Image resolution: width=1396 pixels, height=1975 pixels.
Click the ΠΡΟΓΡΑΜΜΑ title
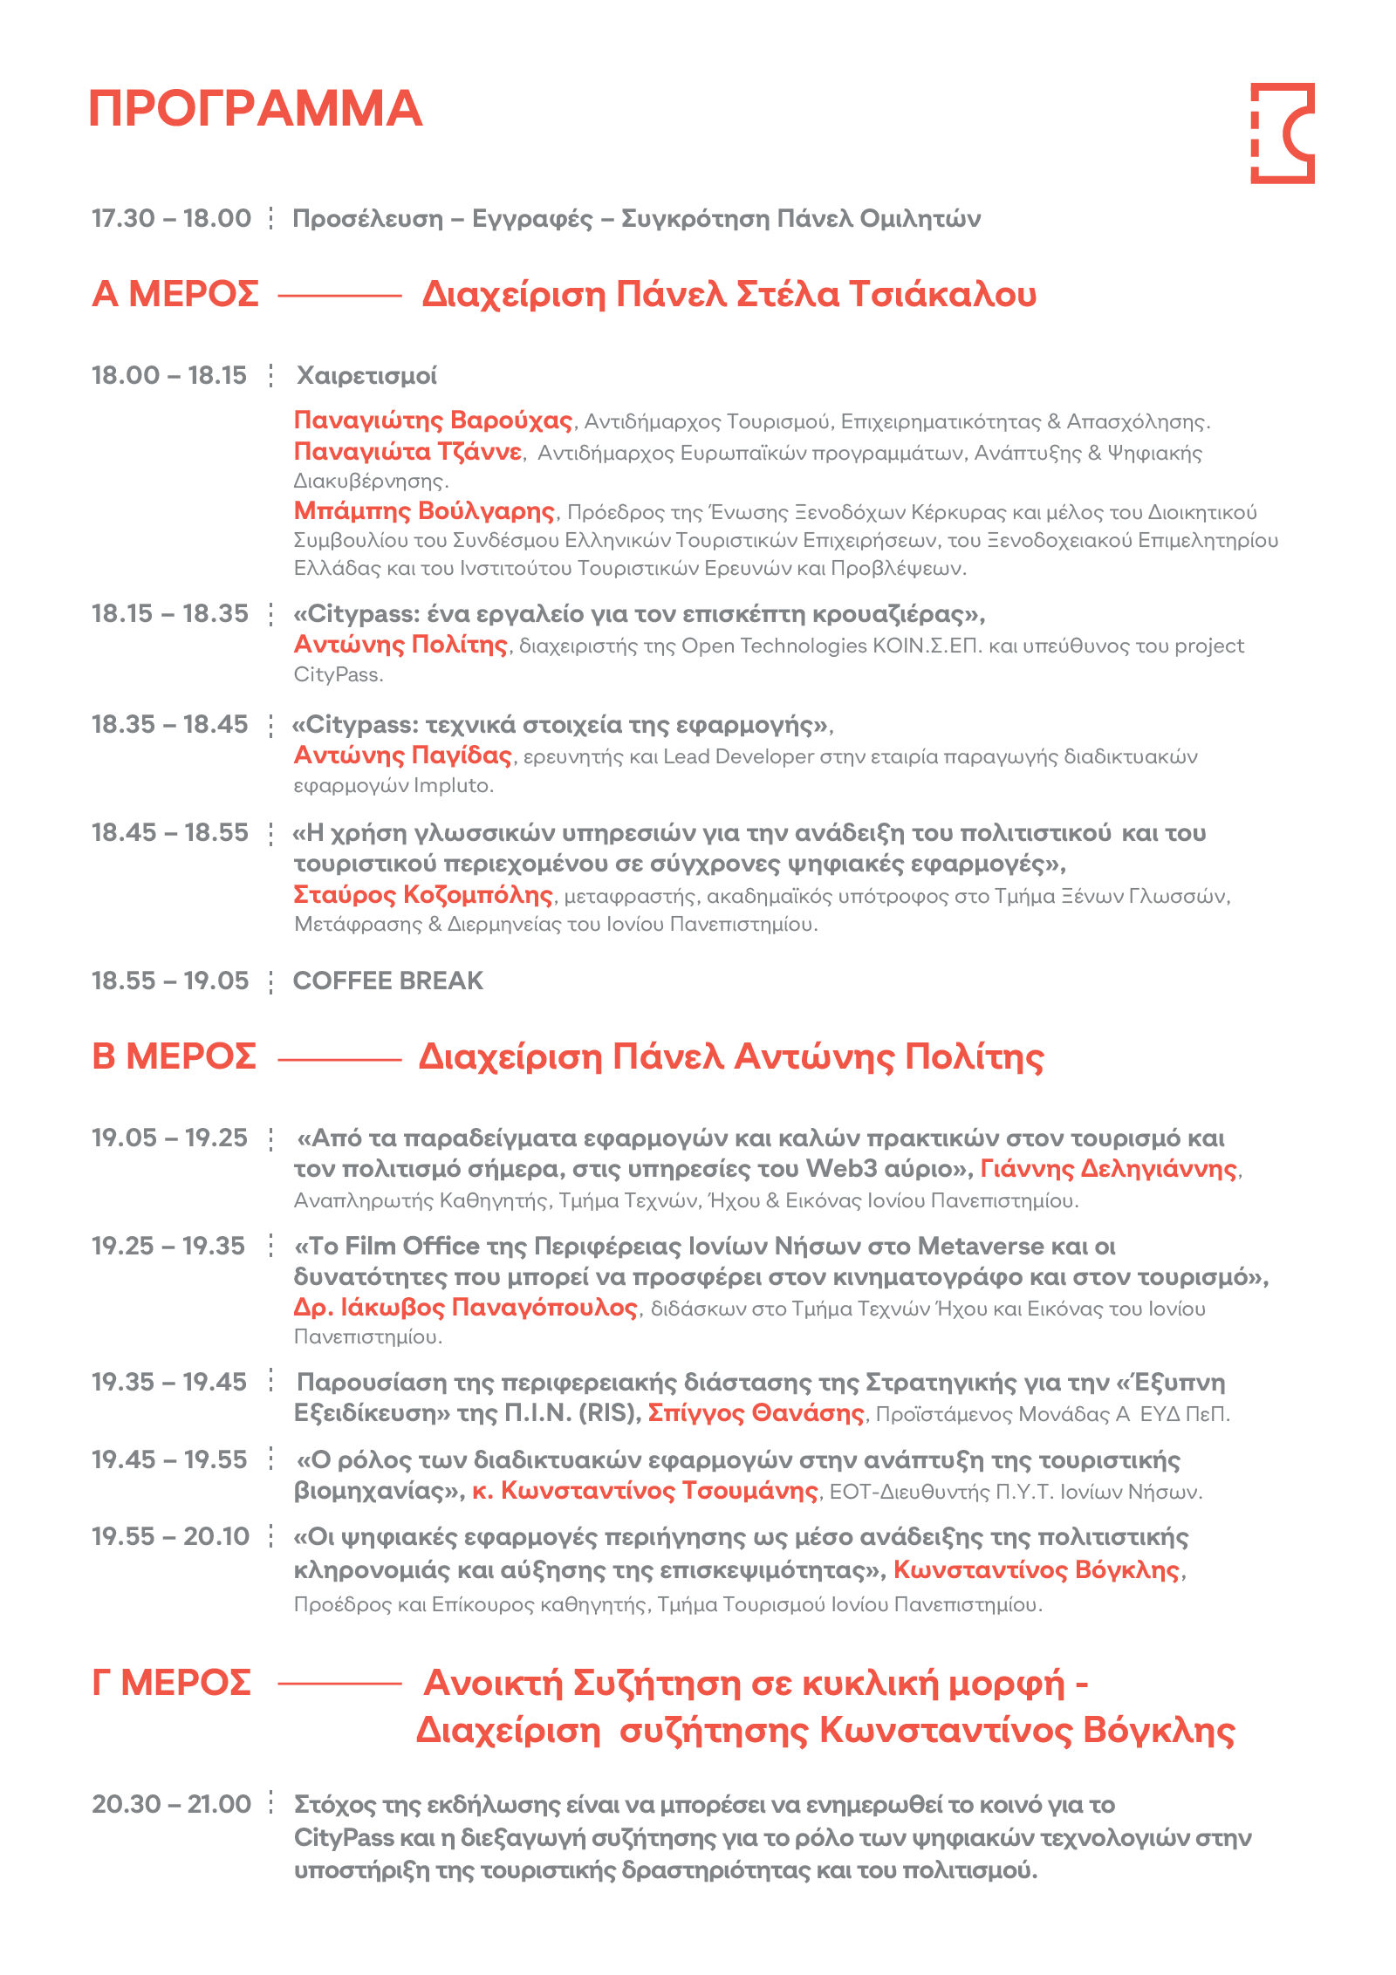point(255,109)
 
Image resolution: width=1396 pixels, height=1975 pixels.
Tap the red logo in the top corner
point(1282,133)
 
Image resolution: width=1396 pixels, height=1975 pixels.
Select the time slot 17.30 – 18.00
point(171,218)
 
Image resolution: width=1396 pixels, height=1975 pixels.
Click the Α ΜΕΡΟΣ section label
point(175,295)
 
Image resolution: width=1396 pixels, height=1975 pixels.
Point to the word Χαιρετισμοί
point(366,376)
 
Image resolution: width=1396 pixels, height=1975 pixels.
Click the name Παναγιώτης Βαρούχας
point(433,420)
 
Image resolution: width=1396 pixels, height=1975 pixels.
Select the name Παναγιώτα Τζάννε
point(407,452)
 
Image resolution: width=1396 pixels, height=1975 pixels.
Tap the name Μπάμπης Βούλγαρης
point(424,510)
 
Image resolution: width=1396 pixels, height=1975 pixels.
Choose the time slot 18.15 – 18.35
point(170,614)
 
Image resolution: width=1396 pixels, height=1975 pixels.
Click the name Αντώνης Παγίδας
point(403,755)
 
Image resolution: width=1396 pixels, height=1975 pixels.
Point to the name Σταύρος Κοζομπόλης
point(423,895)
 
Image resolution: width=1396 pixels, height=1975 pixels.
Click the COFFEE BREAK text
point(387,981)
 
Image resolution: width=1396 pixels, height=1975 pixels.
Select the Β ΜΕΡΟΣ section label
point(174,1056)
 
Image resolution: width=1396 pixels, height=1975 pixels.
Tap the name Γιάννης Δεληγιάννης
point(1108,1169)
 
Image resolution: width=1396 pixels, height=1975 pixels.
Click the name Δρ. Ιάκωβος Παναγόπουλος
point(466,1308)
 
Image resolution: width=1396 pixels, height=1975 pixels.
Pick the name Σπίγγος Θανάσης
point(756,1413)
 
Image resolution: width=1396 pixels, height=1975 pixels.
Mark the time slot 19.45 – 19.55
point(169,1459)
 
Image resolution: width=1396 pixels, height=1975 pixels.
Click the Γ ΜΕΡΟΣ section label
point(172,1683)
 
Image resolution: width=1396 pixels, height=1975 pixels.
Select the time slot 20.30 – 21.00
point(171,1804)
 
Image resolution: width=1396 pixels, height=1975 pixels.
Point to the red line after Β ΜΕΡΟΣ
point(339,1061)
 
